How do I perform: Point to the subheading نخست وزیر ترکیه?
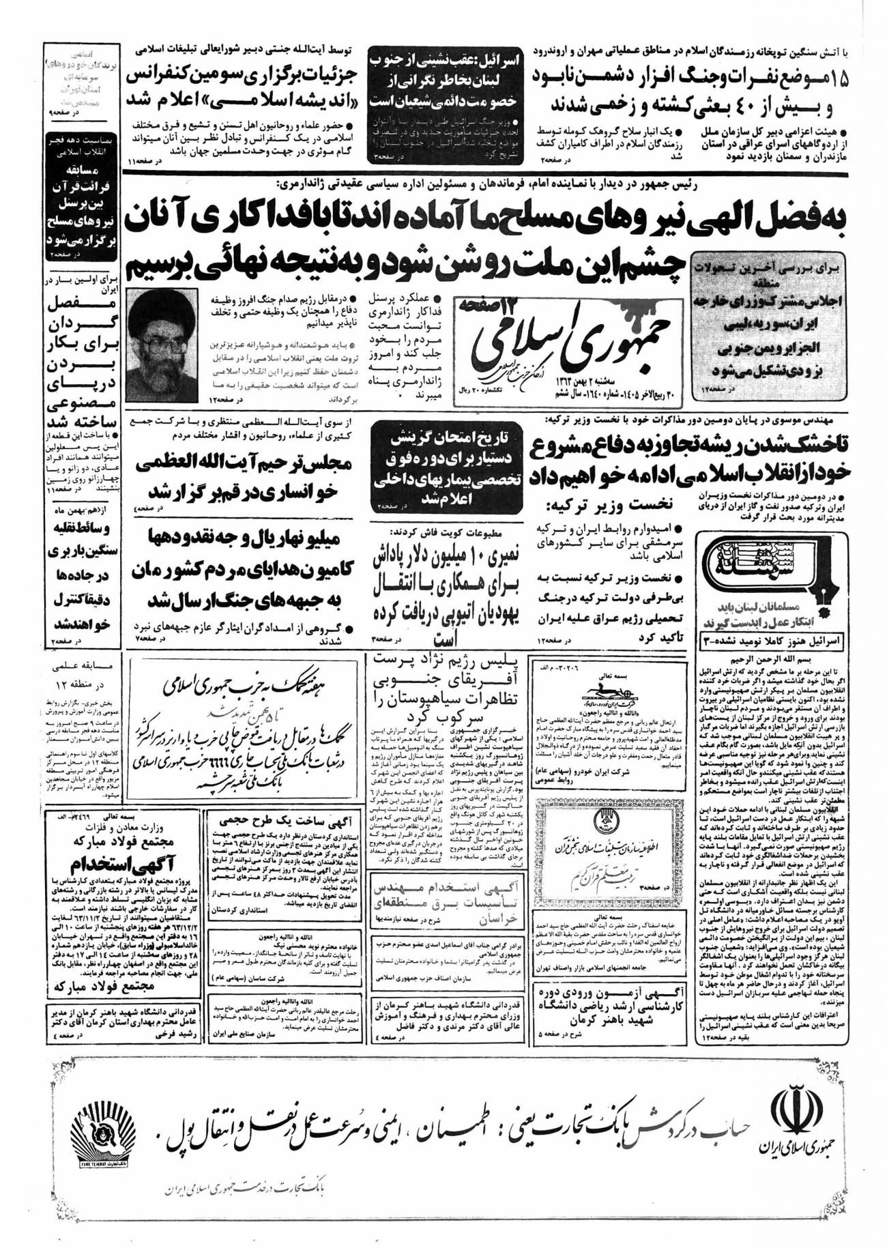click(612, 504)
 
